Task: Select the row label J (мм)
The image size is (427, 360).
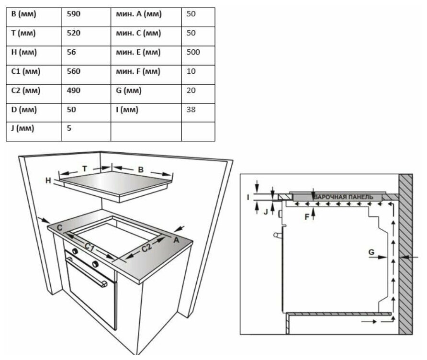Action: [x=23, y=129]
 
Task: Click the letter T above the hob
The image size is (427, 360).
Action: [x=84, y=169]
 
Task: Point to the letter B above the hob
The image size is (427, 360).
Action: [x=141, y=169]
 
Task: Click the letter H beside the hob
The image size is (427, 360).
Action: [x=48, y=180]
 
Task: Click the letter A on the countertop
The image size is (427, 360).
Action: [x=176, y=240]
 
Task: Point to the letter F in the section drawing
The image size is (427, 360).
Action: [x=307, y=216]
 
